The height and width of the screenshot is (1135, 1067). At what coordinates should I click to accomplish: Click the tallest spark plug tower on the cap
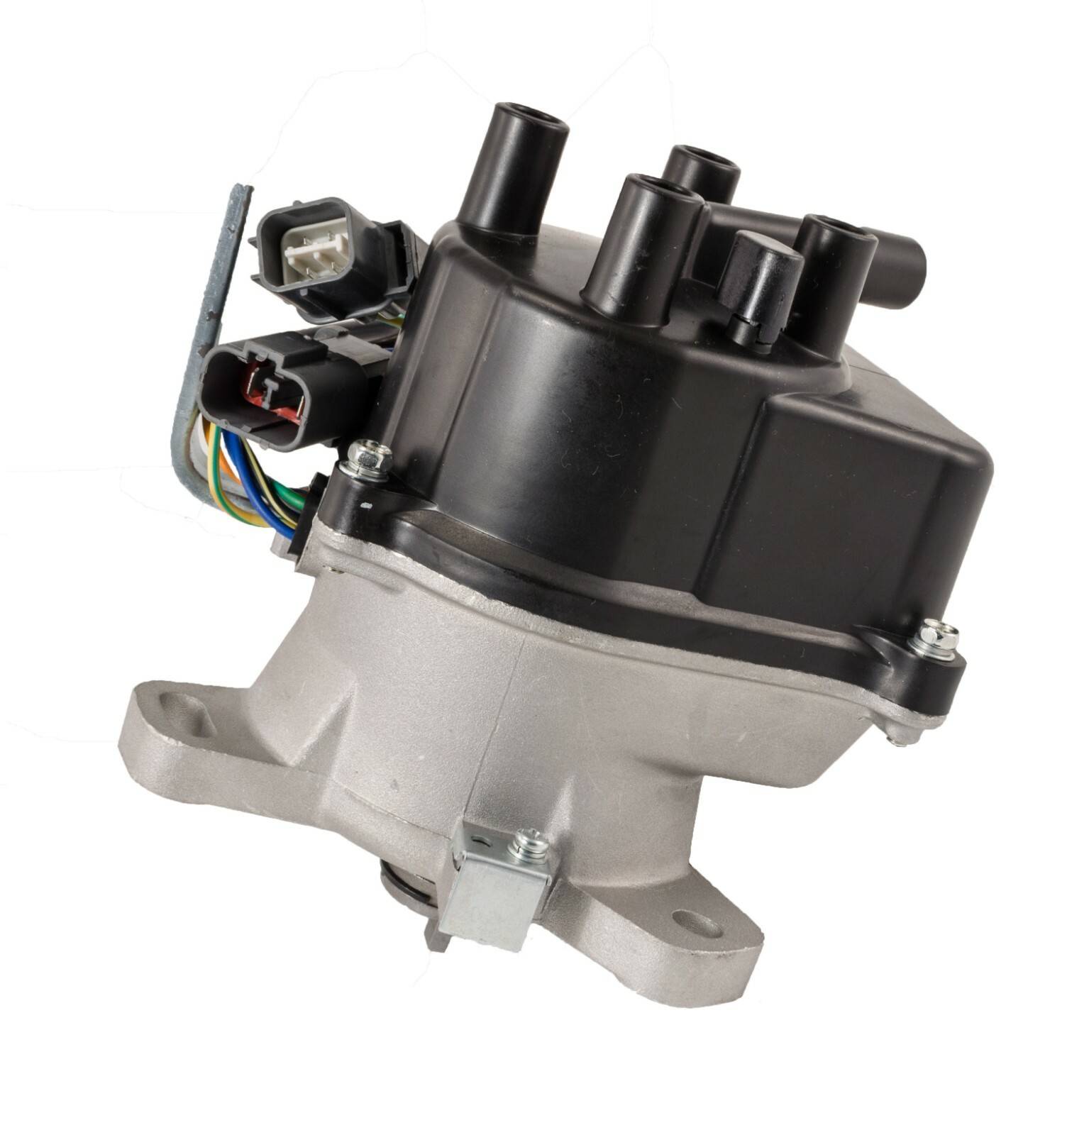[512, 167]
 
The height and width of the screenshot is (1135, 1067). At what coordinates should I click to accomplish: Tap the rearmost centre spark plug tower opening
[702, 160]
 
